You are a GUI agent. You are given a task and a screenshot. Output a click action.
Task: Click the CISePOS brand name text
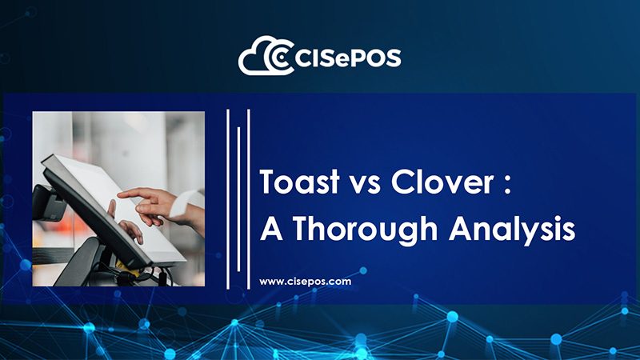347,58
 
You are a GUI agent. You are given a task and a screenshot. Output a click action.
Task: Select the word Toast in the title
300,182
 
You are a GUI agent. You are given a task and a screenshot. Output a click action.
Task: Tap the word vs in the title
366,184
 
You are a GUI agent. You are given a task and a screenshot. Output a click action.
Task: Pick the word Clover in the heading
442,182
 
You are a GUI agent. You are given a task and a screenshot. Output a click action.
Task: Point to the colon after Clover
507,184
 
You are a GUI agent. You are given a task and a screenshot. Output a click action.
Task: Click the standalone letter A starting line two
272,228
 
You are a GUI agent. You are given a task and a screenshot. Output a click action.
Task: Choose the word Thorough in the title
365,230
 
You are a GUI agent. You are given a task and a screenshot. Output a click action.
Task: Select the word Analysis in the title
512,230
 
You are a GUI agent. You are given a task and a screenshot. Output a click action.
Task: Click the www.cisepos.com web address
306,282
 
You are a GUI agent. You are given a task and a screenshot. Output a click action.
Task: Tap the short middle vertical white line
238,199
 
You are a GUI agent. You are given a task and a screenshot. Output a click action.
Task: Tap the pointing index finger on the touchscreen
134,193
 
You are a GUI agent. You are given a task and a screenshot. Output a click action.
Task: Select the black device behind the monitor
47,203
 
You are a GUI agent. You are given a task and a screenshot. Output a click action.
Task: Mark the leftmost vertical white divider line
228,199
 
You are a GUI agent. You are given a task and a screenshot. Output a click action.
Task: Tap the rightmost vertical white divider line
249,199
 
